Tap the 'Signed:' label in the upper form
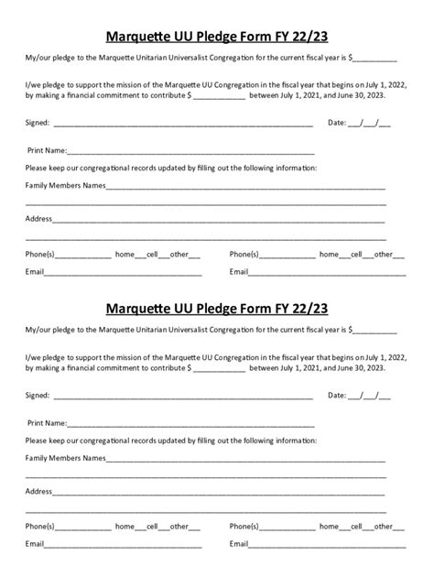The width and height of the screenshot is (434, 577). [38, 123]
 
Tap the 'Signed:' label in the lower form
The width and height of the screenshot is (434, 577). [38, 397]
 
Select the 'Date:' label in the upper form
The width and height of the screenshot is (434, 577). [336, 123]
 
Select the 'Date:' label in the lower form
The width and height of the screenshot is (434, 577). [336, 397]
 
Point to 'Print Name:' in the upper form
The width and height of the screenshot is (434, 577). [48, 150]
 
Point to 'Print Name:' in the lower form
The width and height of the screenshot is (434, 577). [48, 424]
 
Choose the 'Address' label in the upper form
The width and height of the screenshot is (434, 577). [38, 219]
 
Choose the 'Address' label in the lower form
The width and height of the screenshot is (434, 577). [38, 492]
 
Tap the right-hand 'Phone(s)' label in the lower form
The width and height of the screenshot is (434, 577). [244, 527]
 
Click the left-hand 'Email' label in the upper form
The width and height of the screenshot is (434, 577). [35, 271]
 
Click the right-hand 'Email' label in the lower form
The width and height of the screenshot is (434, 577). [239, 544]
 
